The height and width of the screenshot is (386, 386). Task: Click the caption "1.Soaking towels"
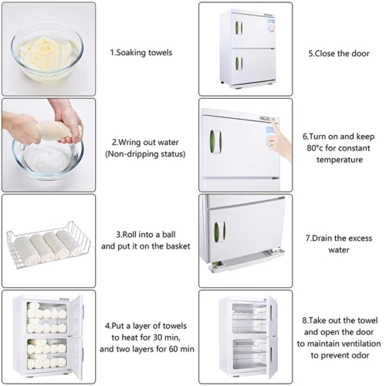[141, 52]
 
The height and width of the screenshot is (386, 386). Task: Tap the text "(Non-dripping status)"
[145, 154]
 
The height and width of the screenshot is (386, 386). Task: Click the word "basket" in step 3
[178, 246]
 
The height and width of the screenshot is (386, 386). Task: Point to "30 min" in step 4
[167, 337]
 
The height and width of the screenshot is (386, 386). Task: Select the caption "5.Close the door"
[339, 53]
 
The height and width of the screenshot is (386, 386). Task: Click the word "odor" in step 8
[361, 355]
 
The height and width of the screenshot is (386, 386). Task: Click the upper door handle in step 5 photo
[239, 28]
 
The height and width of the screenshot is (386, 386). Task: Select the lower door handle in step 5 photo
[239, 63]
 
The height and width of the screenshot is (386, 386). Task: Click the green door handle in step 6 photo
[215, 141]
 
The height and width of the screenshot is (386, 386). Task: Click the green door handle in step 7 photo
[220, 232]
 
